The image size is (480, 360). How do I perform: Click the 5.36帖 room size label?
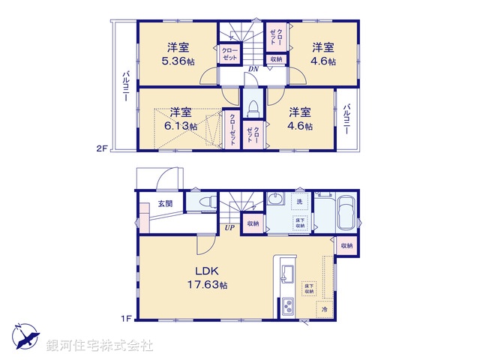[178, 61]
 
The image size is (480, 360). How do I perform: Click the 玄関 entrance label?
[165, 203]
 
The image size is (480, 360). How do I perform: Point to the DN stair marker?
[254, 69]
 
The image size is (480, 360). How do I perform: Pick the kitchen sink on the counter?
[285, 272]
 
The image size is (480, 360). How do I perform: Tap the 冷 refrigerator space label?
[325, 308]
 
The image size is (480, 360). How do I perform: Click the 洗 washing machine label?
[298, 202]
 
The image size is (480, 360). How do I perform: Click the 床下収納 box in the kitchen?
[309, 289]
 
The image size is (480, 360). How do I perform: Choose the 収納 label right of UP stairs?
[252, 223]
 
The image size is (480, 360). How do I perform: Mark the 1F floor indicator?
[127, 318]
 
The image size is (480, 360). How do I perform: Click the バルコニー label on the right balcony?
[346, 120]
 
